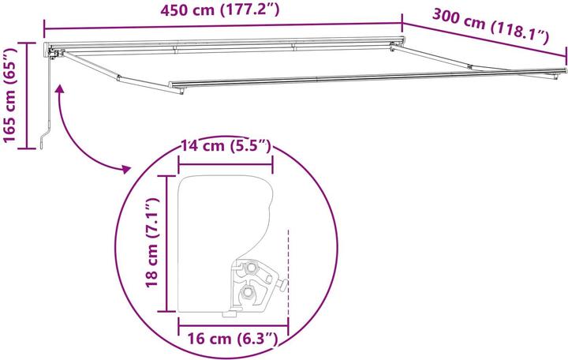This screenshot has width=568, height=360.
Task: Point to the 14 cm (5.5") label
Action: (226, 146)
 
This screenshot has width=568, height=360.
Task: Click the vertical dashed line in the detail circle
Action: (290, 268)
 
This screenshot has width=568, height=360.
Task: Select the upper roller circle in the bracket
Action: (252, 268)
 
